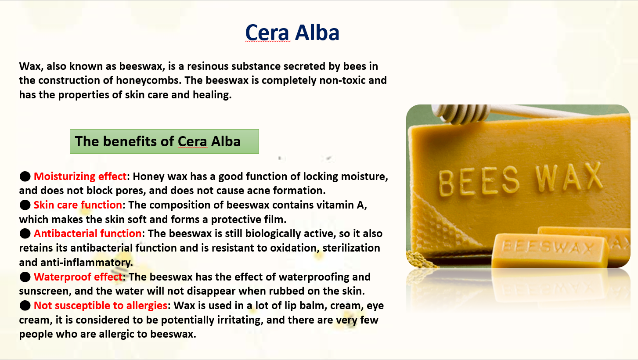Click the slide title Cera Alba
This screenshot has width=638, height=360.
(292, 32)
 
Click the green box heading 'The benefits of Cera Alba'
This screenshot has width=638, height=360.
(164, 141)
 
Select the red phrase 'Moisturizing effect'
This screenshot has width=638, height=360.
(80, 176)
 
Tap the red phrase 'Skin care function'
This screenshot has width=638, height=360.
(78, 205)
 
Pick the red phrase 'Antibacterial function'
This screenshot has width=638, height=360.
(88, 234)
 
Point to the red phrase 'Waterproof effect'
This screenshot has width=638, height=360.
(78, 277)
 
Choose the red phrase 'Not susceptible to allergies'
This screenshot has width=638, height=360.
(101, 305)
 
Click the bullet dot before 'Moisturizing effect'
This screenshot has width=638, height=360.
(25, 176)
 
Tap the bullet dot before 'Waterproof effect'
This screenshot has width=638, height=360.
(25, 277)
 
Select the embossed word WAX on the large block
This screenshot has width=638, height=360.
(569, 176)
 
